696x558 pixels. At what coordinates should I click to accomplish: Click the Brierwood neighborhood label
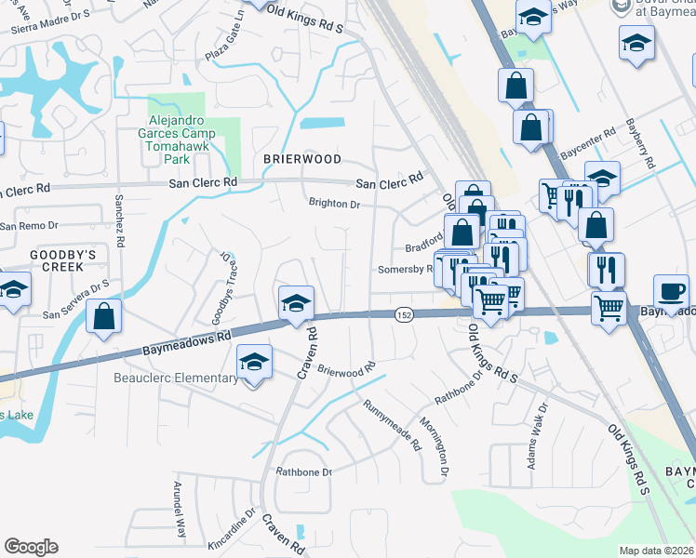tap(301, 159)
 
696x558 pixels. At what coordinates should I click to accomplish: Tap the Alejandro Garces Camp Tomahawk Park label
tap(181, 133)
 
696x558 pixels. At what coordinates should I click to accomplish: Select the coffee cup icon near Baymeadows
tap(671, 291)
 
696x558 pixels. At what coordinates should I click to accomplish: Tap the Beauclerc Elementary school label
tap(176, 378)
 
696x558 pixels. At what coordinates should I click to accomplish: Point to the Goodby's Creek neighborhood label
tap(43, 259)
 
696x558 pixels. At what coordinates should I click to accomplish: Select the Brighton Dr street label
tap(334, 203)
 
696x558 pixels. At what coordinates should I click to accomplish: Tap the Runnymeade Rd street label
tap(393, 421)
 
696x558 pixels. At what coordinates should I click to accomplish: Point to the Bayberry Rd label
tap(642, 142)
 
